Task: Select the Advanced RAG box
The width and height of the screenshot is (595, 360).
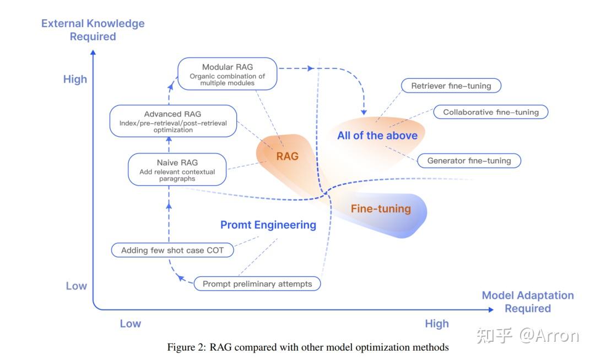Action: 174,122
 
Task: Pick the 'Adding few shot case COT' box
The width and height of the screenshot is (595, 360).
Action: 172,250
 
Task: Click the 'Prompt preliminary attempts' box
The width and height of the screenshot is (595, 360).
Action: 257,284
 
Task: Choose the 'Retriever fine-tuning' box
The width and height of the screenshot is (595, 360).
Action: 451,86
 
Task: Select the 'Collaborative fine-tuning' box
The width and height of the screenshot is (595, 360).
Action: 490,112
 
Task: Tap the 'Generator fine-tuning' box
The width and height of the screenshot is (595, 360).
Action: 469,161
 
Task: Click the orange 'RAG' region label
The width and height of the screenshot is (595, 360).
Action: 287,157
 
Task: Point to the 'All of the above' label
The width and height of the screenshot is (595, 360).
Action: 377,136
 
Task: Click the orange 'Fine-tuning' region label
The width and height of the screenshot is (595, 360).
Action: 381,209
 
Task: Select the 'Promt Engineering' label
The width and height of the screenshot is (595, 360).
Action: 268,225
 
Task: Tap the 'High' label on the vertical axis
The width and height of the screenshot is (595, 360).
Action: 75,79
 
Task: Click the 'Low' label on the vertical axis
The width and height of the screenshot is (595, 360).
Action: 76,286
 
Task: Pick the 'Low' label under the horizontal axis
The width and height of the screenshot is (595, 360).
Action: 131,324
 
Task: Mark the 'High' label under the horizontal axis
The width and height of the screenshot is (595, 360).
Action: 437,324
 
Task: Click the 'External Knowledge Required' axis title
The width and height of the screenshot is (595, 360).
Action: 93,30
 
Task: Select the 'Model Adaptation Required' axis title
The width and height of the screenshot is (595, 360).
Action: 528,302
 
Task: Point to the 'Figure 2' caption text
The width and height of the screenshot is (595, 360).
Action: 308,347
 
